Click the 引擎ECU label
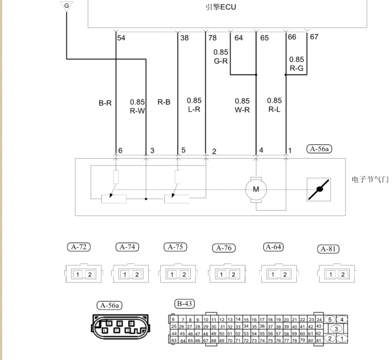pyautogui.click(x=221, y=8)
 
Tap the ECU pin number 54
pyautogui.click(x=121, y=38)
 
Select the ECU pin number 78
pyautogui.click(x=213, y=38)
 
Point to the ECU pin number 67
pyautogui.click(x=314, y=37)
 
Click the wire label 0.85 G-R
pyautogui.click(x=221, y=56)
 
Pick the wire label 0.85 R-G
pyautogui.click(x=296, y=64)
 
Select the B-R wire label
pyautogui.click(x=105, y=103)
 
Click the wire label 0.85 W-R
pyautogui.click(x=242, y=105)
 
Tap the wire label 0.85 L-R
pyautogui.click(x=194, y=105)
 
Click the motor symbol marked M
pyautogui.click(x=256, y=190)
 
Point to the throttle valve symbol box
pyautogui.click(x=319, y=190)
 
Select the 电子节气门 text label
pyautogui.click(x=370, y=180)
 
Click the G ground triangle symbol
pyautogui.click(x=66, y=6)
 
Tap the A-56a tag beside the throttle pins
pyautogui.click(x=319, y=149)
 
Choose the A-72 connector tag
pyautogui.click(x=78, y=247)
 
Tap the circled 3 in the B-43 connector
pyautogui.click(x=336, y=328)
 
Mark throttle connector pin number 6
pyautogui.click(x=120, y=150)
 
